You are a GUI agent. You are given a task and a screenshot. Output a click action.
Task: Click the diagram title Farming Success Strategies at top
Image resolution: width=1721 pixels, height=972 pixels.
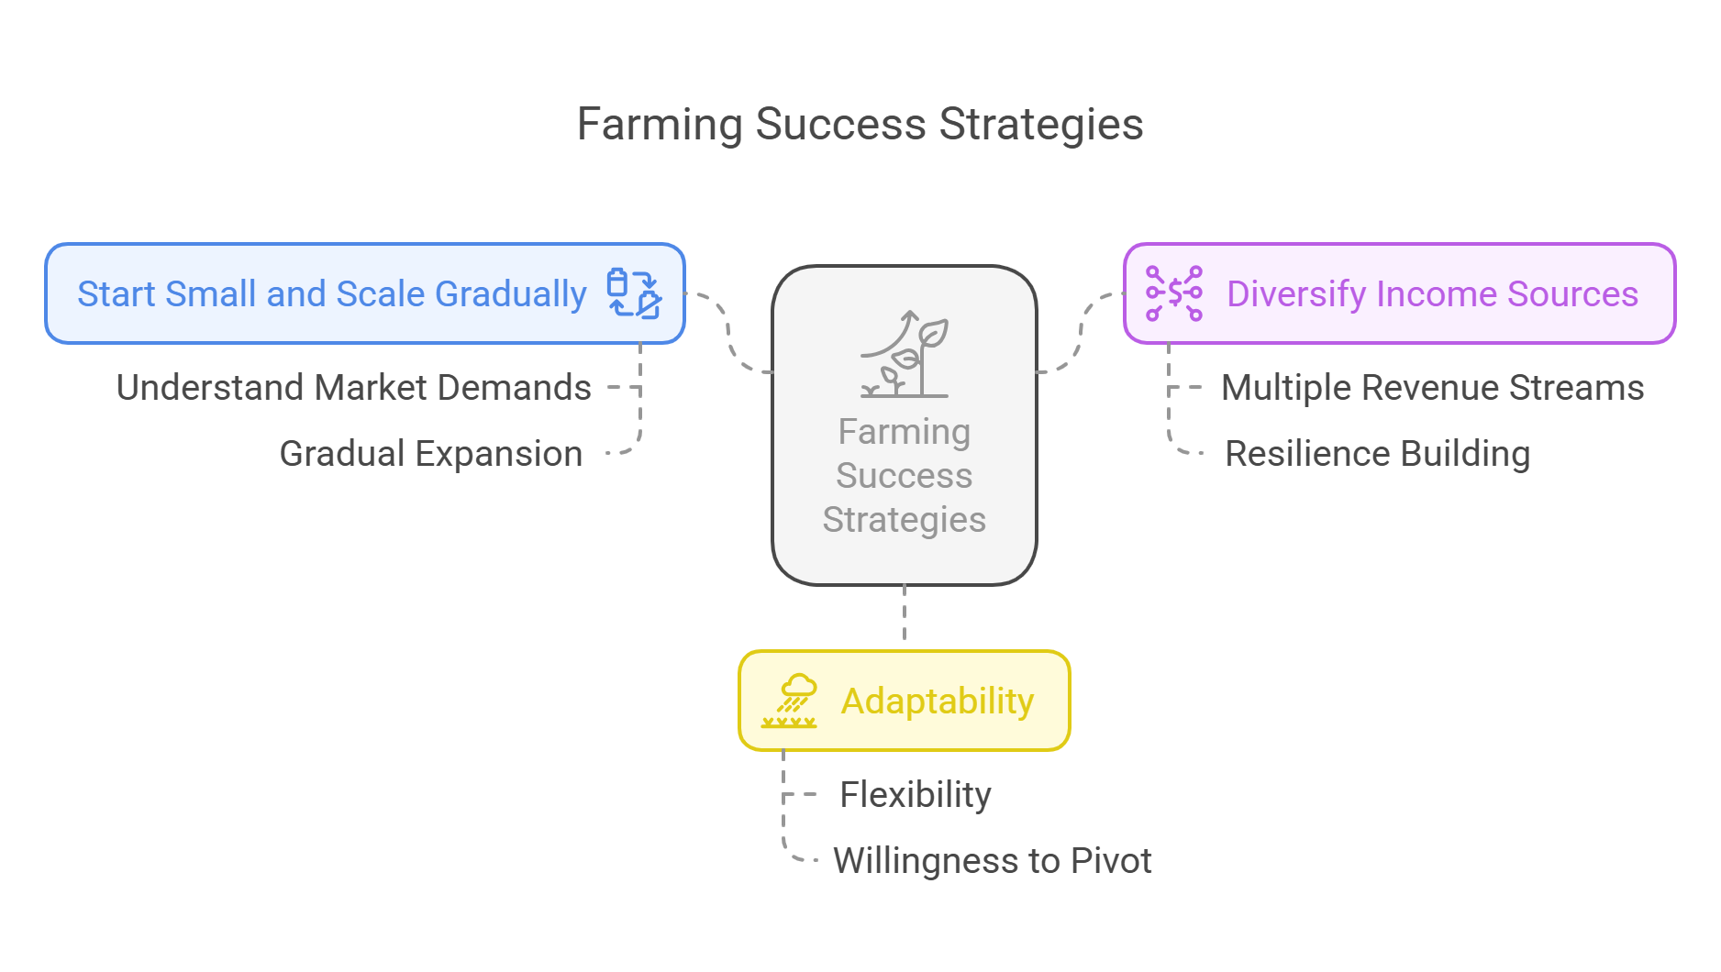tap(860, 124)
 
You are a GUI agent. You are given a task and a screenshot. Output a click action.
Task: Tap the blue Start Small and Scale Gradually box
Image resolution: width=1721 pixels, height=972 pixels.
tap(365, 293)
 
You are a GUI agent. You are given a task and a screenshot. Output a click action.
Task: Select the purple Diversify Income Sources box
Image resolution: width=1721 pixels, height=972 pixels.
tap(1400, 293)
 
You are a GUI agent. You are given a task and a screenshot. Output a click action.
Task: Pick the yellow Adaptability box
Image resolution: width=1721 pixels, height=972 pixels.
tap(905, 701)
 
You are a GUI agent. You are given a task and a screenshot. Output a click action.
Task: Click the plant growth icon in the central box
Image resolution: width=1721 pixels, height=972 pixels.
tap(905, 354)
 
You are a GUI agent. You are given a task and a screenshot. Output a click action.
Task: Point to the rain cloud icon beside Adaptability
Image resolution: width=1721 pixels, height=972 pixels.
tap(790, 701)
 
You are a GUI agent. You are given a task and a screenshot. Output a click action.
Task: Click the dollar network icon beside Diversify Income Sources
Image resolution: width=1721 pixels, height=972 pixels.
tap(1174, 293)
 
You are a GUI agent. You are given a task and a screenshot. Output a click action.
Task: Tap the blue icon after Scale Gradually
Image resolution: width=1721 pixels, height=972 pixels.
tap(634, 293)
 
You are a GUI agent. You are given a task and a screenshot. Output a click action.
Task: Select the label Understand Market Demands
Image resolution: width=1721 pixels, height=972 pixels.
tap(354, 388)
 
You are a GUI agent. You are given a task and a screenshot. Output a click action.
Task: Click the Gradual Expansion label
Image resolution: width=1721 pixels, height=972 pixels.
tap(431, 454)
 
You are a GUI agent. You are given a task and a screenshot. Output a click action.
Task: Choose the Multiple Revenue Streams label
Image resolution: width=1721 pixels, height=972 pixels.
tap(1433, 388)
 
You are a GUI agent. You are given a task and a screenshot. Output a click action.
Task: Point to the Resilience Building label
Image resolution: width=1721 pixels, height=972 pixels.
tap(1378, 454)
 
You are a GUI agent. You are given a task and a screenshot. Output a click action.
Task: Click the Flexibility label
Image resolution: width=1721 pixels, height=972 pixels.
tap(916, 795)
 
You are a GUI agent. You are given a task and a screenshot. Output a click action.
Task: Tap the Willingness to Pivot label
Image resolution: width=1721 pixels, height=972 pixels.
tap(993, 861)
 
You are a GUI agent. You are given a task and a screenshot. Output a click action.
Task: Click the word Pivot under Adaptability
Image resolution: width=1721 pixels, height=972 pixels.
tap(1112, 861)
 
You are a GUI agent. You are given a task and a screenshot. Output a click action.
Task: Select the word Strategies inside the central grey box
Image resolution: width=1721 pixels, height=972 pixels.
tap(905, 520)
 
